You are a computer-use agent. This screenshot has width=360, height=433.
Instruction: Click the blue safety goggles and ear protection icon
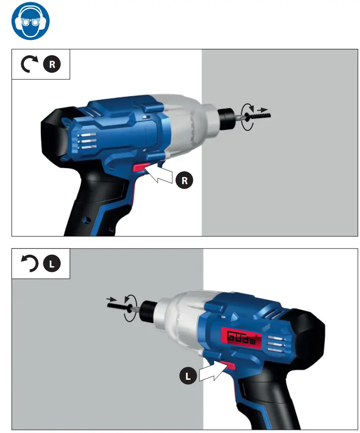pos(31,21)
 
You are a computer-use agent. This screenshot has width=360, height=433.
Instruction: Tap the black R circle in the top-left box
pos(52,65)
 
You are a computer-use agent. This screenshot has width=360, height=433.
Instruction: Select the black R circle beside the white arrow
pos(184,181)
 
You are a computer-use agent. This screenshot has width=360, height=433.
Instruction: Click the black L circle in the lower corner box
pos(51,264)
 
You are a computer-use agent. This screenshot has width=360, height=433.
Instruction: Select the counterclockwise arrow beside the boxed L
pos(29,264)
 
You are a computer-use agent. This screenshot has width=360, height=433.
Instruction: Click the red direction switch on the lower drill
pos(229,366)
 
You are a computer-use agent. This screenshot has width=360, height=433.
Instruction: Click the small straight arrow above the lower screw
pos(112,299)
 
